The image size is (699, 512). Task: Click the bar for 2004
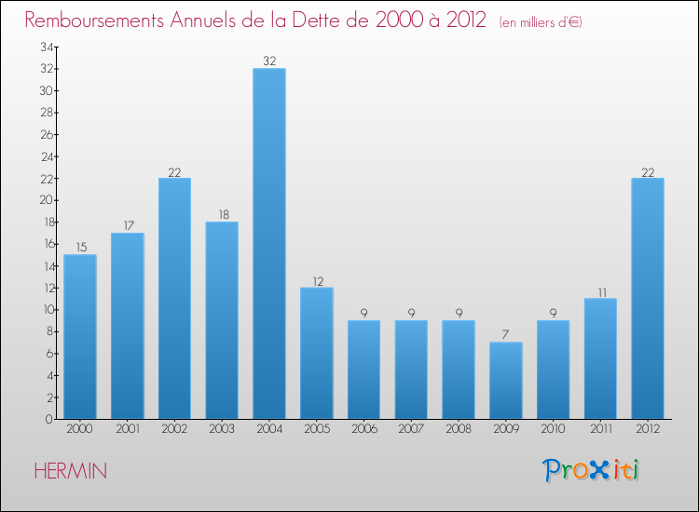coord(269,244)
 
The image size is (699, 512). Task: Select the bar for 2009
coord(506,381)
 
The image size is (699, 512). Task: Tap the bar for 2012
coord(648,299)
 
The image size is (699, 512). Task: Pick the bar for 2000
coord(80,337)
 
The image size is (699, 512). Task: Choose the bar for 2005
coord(317,354)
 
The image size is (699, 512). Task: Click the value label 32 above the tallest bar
coord(269,61)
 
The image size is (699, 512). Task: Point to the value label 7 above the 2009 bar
coord(506,335)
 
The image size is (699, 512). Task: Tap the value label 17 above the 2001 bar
coord(128,225)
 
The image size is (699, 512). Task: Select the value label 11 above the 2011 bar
coord(600,291)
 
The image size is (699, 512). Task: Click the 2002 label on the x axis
coord(174,430)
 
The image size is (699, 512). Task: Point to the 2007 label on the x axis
coord(411,430)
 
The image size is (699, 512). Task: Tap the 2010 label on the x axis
coord(553,430)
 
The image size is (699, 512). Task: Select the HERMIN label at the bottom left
coord(70,472)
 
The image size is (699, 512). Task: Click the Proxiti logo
coord(592,470)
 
